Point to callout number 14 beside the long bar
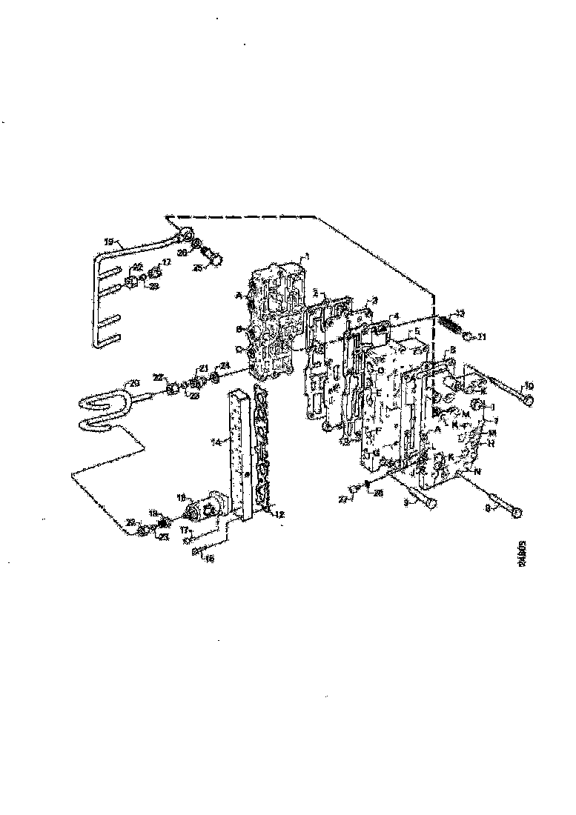[216, 443]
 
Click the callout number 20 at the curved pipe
[133, 382]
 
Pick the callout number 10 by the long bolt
[529, 385]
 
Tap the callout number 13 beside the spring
[460, 313]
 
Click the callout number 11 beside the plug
[481, 337]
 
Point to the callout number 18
[180, 496]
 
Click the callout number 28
[377, 492]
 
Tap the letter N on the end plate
[478, 471]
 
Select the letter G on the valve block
[375, 453]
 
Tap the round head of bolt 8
[516, 513]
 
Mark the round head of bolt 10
[527, 400]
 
